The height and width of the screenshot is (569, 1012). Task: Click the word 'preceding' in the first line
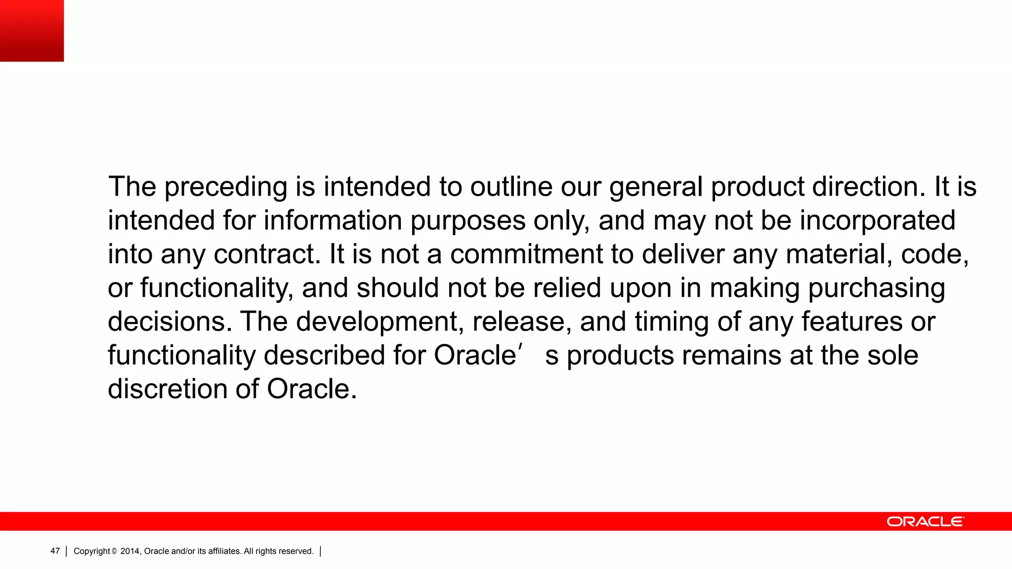click(225, 187)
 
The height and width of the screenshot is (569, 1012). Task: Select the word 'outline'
click(511, 187)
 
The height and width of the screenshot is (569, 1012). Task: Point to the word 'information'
click(333, 220)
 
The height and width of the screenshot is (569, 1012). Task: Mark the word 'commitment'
click(526, 254)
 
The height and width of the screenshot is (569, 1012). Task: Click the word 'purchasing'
click(876, 288)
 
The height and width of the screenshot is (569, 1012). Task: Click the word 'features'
click(851, 322)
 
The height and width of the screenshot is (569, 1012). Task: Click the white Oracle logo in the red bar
click(925, 522)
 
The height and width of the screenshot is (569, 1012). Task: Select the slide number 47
click(55, 551)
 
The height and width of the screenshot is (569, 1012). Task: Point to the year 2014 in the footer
click(130, 551)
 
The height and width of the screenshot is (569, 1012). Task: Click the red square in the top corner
click(32, 31)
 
